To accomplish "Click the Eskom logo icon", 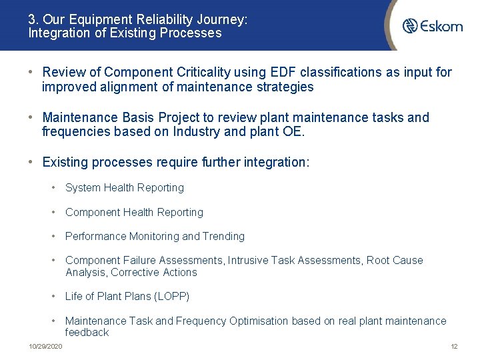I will point(410,26).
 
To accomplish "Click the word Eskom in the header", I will point(441,26).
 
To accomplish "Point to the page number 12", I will point(454,347).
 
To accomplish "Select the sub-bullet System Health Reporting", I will point(124,188).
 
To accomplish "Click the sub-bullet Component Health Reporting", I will point(134,212).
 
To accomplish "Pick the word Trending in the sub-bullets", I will point(223,236).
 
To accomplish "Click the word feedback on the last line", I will point(87,332).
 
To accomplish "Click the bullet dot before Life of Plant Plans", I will point(54,296).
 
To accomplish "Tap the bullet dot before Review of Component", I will point(31,72).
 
